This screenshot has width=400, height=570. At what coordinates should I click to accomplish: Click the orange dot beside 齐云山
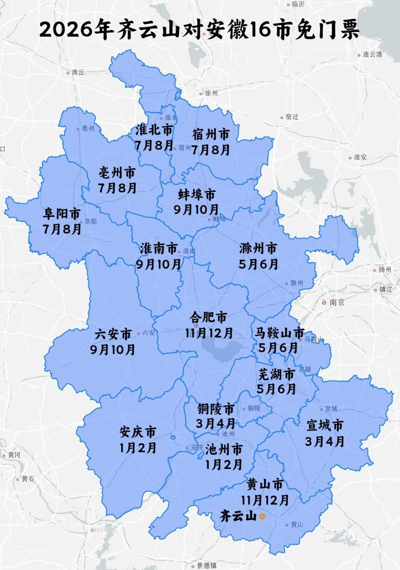(x=262, y=516)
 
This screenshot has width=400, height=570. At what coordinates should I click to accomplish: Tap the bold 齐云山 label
(x=238, y=516)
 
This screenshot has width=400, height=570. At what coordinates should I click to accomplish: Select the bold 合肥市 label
(x=208, y=317)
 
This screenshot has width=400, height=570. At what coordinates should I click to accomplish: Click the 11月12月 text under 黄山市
(x=265, y=500)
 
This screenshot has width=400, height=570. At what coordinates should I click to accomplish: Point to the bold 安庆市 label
(x=138, y=432)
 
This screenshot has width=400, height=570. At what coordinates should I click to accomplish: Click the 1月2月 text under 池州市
(x=223, y=464)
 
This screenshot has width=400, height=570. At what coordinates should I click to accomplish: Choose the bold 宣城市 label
(x=325, y=426)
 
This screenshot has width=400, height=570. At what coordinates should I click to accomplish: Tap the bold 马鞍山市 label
(x=279, y=333)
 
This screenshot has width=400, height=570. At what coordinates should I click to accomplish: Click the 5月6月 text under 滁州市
(x=259, y=264)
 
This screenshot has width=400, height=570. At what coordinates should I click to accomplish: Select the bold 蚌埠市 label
(x=197, y=194)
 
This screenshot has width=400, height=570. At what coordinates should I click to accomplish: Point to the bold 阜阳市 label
(x=62, y=214)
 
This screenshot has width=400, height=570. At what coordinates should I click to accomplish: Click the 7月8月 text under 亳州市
(x=117, y=188)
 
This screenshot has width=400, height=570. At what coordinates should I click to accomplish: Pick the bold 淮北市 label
(x=154, y=130)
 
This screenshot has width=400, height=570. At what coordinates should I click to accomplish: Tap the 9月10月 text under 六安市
(x=113, y=349)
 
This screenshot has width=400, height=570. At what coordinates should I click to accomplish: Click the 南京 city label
(x=337, y=303)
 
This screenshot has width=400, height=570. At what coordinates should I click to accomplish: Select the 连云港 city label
(x=372, y=54)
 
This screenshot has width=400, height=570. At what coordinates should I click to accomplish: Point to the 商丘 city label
(x=78, y=72)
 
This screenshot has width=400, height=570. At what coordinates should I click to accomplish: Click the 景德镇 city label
(x=207, y=566)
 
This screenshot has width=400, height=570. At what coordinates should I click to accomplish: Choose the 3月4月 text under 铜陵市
(x=216, y=423)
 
